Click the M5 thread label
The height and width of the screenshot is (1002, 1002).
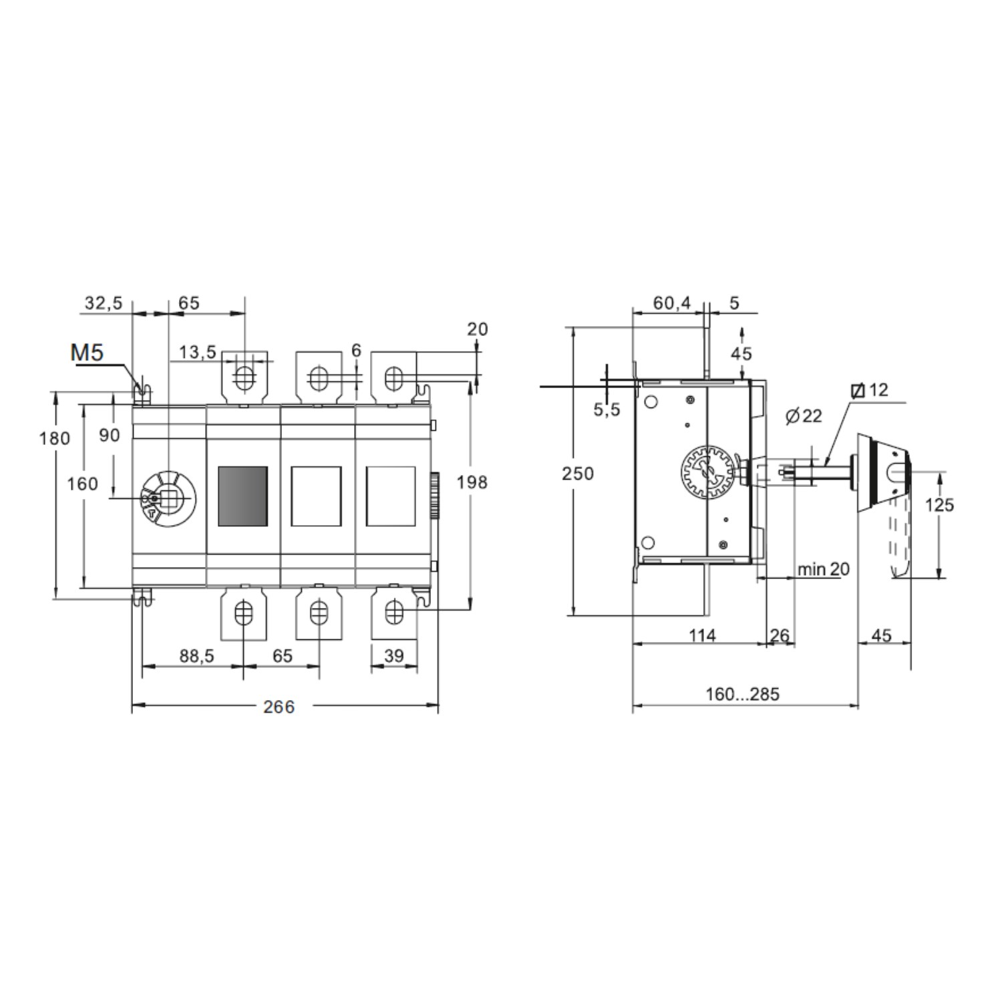click(88, 352)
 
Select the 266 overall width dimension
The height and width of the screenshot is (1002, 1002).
click(279, 707)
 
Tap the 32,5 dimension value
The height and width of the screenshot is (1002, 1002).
click(104, 303)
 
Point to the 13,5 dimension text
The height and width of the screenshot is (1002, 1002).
click(197, 352)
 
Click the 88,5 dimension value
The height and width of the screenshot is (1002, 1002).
click(196, 656)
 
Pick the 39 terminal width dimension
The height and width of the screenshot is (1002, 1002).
click(394, 656)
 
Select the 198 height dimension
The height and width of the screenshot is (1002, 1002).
click(472, 482)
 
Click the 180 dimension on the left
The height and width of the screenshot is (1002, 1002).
click(54, 438)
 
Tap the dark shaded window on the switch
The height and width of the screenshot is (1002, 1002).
click(243, 496)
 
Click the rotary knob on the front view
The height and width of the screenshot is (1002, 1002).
click(167, 498)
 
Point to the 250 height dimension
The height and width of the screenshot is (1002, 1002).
click(577, 474)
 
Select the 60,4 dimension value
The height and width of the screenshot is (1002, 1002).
click(671, 303)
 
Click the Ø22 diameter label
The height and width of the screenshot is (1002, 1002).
click(804, 416)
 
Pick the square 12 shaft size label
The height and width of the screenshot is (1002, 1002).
click(871, 390)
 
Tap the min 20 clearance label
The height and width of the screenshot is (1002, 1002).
click(823, 569)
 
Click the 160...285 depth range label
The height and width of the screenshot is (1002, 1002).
click(742, 694)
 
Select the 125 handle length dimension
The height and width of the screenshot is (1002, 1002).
click(939, 505)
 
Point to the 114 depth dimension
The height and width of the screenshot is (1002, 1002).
click(702, 635)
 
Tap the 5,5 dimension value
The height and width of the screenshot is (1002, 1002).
click(607, 409)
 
